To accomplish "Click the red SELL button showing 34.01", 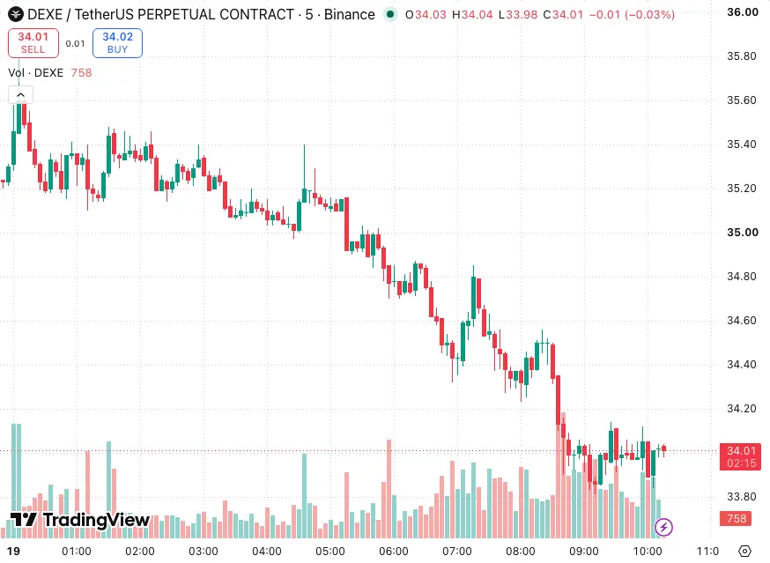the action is pyautogui.click(x=33, y=43).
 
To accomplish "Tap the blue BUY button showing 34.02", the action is pyautogui.click(x=117, y=43).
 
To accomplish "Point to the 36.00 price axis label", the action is pyautogui.click(x=743, y=12).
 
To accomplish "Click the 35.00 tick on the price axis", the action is pyautogui.click(x=743, y=233).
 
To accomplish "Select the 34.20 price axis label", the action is pyautogui.click(x=742, y=409).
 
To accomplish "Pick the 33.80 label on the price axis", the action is pyautogui.click(x=742, y=497).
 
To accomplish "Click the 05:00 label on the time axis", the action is pyautogui.click(x=330, y=552).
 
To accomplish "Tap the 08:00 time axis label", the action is pyautogui.click(x=521, y=552).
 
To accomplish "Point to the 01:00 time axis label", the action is pyautogui.click(x=76, y=552).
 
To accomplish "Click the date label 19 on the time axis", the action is pyautogui.click(x=13, y=552).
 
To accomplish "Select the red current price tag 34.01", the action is pyautogui.click(x=741, y=457).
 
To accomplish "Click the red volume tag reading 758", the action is pyautogui.click(x=736, y=519).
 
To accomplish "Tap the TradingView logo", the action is pyautogui.click(x=80, y=520).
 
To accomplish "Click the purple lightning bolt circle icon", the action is pyautogui.click(x=664, y=528).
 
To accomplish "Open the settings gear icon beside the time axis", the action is pyautogui.click(x=745, y=552).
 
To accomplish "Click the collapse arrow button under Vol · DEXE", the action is pyautogui.click(x=20, y=95).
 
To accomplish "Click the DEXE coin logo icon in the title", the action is pyautogui.click(x=16, y=14).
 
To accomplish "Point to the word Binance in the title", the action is pyautogui.click(x=349, y=15).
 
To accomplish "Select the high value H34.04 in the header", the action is pyautogui.click(x=472, y=15).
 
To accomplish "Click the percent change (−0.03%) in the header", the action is pyautogui.click(x=649, y=15).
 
